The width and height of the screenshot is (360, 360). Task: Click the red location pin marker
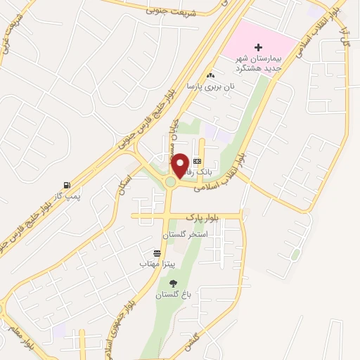click(180, 165)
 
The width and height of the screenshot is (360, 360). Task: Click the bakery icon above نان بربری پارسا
click(210, 75)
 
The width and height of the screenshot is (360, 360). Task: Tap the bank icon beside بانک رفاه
click(198, 162)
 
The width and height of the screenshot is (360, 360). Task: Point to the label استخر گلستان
click(184, 233)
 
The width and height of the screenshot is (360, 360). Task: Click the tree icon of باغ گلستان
click(173, 284)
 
